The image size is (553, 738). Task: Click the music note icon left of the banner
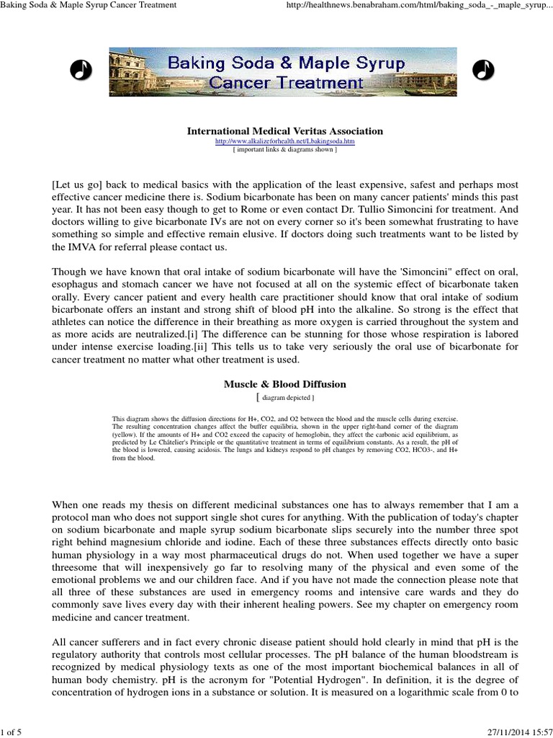[x=80, y=69]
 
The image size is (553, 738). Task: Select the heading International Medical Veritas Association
[x=285, y=131]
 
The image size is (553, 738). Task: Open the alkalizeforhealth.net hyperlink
[x=285, y=142]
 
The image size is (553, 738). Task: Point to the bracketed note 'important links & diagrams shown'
[x=285, y=150]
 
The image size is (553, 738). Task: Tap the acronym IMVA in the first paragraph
[x=78, y=246]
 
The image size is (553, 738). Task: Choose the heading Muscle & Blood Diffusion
[x=285, y=384]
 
